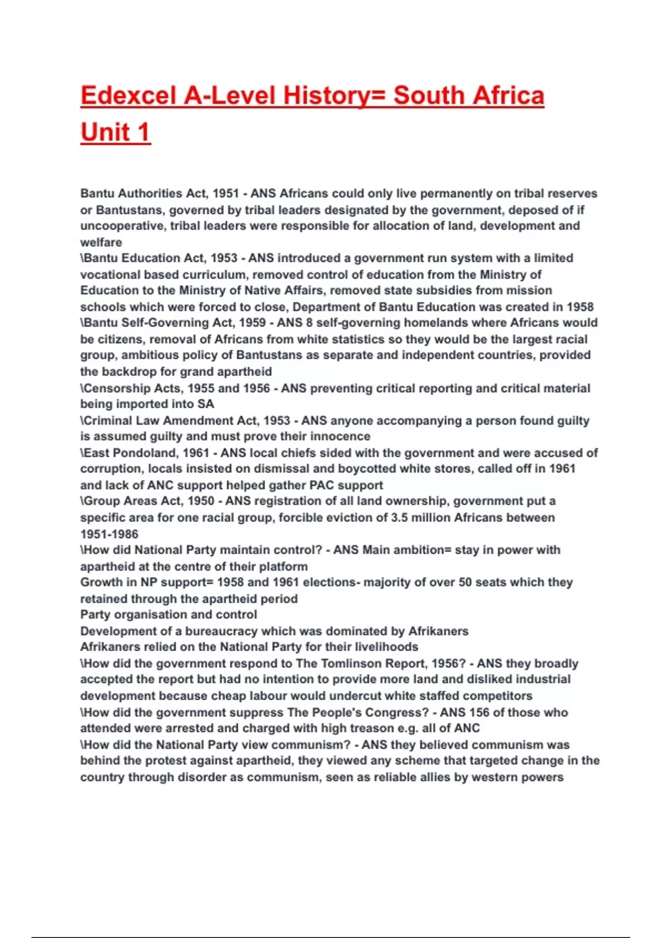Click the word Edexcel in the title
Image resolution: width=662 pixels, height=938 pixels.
[x=127, y=95]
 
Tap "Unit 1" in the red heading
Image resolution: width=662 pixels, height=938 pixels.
[x=115, y=132]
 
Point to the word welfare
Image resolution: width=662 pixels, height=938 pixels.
[x=101, y=242]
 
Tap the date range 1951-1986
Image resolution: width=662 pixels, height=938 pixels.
[x=109, y=534]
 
